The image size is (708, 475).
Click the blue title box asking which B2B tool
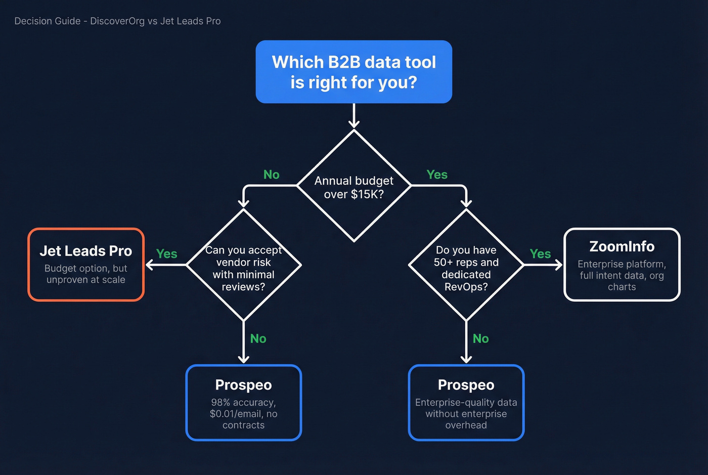353,72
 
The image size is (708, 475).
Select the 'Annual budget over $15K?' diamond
353,187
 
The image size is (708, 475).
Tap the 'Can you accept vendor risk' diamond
243,268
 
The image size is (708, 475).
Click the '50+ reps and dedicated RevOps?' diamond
466,268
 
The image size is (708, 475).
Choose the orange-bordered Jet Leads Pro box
86,265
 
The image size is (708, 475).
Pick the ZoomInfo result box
622,265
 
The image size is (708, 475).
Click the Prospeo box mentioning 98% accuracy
243,403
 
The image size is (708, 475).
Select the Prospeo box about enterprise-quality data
466,403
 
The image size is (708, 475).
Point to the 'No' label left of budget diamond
271,175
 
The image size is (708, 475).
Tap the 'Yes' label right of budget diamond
436,175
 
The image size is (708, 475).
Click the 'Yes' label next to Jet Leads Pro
166,254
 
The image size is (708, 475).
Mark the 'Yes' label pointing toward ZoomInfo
540,254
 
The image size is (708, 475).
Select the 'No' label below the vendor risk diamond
258,338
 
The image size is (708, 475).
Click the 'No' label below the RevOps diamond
480,338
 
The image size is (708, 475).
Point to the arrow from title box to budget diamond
353,116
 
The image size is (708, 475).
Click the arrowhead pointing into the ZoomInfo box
559,265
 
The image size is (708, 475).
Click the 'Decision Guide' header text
117,21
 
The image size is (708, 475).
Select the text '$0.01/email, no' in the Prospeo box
243,414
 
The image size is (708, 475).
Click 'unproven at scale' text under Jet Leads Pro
86,280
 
